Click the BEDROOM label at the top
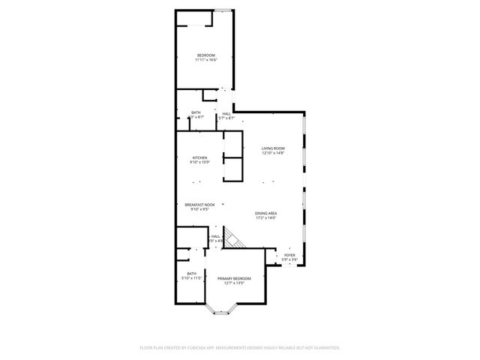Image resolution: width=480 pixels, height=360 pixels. coord(205,55)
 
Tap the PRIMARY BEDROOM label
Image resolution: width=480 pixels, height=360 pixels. coord(234,278)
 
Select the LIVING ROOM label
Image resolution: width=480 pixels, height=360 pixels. coord(273,148)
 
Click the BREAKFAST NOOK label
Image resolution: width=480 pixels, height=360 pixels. coord(200,205)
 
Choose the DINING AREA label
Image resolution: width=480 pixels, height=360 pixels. coord(265,213)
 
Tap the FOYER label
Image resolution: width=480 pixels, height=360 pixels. coord(289,255)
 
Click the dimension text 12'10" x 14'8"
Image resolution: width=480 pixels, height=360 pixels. coord(273,153)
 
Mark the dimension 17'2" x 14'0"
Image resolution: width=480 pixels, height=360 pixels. coord(265,218)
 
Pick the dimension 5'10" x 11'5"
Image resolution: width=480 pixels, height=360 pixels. coord(192,278)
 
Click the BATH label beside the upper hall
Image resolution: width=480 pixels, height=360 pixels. coord(195,113)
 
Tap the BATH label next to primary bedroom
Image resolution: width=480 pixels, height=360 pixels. coord(192,274)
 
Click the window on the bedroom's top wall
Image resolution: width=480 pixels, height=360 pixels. coord(223,10)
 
